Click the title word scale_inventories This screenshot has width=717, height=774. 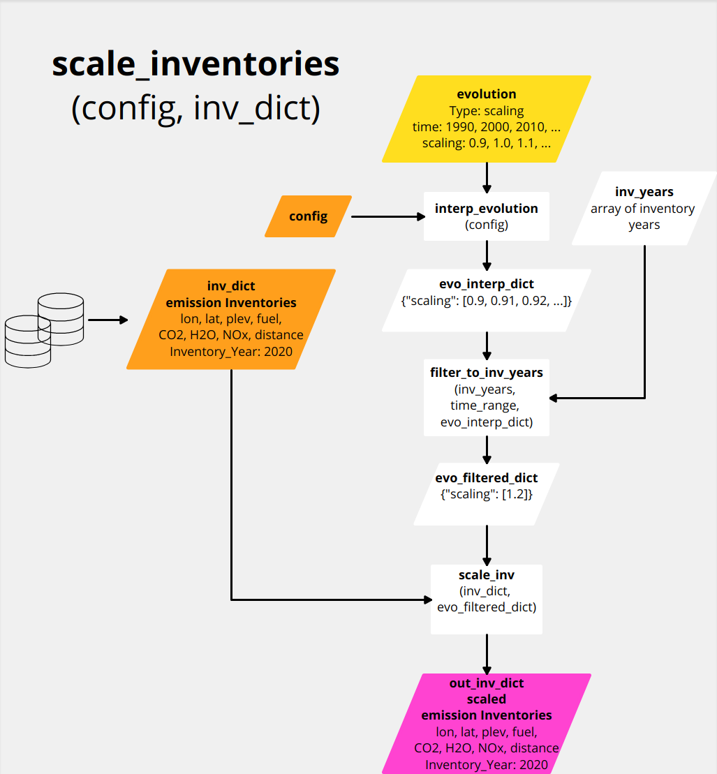(195, 65)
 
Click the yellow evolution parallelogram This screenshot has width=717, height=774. (487, 119)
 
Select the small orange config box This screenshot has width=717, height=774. (308, 216)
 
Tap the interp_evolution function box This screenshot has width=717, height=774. (487, 216)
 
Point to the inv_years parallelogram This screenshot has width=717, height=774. (644, 208)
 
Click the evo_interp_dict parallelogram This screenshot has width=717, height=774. (487, 300)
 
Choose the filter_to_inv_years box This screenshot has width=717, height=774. (487, 397)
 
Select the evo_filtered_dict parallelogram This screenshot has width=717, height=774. (487, 493)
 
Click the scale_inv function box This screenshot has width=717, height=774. (487, 599)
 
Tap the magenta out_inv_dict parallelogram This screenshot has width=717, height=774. (487, 723)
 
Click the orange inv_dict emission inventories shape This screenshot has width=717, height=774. (231, 319)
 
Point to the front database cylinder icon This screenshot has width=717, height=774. (28, 341)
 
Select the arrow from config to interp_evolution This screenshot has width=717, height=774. (387, 217)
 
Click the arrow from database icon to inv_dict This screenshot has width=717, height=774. (108, 320)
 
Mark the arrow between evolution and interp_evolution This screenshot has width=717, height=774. (487, 177)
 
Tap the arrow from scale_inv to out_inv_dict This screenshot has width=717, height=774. (487, 653)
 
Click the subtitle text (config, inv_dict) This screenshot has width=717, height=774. (195, 108)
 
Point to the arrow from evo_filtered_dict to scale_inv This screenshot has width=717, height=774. (487, 544)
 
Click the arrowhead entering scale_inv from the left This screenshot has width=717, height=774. (427, 599)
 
